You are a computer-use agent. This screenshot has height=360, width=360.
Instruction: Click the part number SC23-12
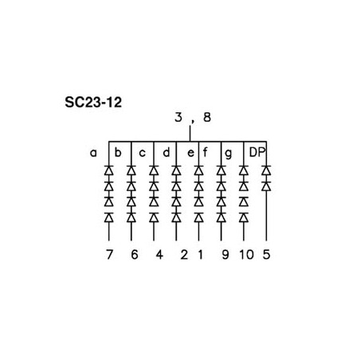click(93, 103)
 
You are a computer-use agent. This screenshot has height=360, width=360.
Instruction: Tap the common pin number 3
click(178, 117)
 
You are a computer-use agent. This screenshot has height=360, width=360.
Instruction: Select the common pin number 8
click(207, 117)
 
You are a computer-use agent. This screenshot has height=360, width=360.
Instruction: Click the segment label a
click(93, 153)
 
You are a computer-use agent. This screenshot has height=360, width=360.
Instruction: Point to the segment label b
click(118, 152)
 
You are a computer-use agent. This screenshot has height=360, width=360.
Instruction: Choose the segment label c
click(143, 153)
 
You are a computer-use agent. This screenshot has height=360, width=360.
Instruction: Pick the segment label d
click(166, 152)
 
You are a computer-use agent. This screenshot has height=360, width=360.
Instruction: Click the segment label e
click(190, 153)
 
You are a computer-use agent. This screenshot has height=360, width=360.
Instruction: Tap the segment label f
click(205, 152)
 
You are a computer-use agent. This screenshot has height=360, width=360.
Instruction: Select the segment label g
click(228, 154)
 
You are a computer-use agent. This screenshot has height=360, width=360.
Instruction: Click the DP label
click(257, 152)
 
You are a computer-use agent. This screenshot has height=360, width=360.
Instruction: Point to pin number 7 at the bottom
click(109, 255)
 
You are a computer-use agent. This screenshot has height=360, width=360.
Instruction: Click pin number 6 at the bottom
click(135, 255)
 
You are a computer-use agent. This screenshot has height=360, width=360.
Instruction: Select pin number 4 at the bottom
click(159, 255)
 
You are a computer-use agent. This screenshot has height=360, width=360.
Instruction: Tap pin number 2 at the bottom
click(184, 255)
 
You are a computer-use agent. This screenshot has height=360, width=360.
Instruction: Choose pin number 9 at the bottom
click(225, 255)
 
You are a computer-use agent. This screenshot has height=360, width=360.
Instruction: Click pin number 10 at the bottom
click(247, 255)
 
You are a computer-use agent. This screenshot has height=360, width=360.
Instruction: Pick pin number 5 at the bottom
click(266, 255)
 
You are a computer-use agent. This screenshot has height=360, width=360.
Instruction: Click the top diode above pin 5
click(266, 170)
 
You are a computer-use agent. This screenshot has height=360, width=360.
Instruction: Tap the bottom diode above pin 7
click(109, 217)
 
